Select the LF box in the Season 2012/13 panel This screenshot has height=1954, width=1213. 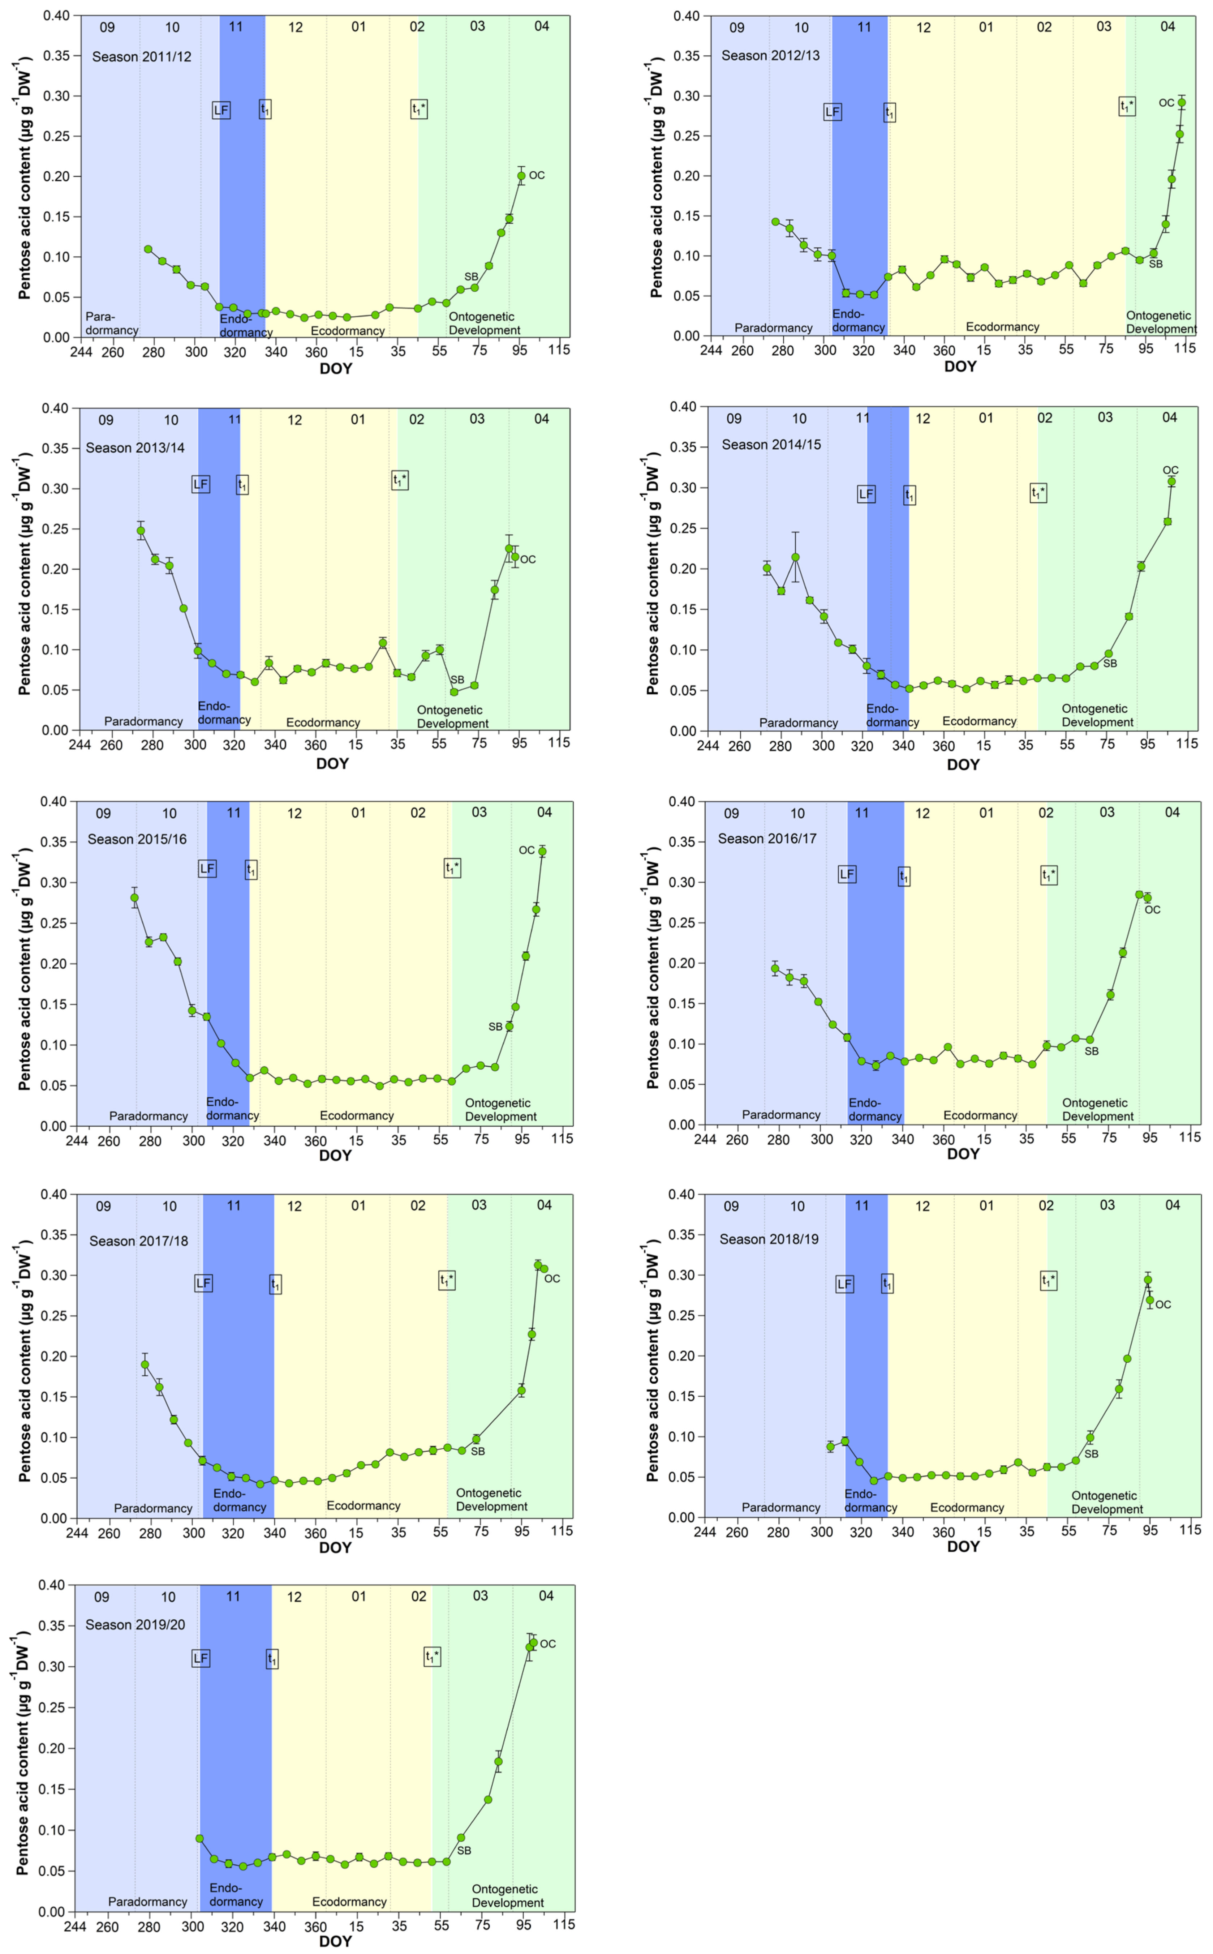(x=833, y=112)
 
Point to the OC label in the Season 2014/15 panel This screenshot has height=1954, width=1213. (x=1170, y=470)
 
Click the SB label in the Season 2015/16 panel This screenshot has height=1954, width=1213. (x=495, y=1027)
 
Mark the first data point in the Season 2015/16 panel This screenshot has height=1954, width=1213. (x=135, y=898)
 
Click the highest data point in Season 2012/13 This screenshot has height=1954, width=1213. (x=1181, y=103)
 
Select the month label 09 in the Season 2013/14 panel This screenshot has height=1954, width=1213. (x=106, y=420)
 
